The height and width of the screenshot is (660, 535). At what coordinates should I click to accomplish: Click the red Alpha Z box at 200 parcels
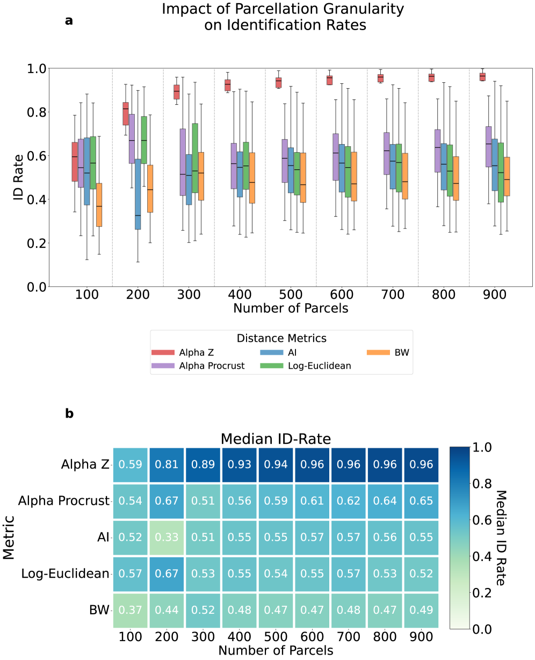pos(126,113)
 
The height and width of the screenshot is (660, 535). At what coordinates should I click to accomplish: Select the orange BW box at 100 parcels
pos(99,205)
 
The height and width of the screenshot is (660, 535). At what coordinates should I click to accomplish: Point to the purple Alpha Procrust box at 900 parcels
pos(488,147)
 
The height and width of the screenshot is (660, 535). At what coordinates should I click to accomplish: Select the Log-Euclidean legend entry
pos(306,366)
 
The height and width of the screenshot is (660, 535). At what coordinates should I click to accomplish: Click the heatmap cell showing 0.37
pos(131,611)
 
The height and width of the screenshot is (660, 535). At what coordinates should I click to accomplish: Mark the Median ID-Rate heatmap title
pos(275,439)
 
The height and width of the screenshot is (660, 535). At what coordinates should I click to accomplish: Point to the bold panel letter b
pos(69,414)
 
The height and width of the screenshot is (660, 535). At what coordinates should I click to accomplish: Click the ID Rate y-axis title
pos(19,178)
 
